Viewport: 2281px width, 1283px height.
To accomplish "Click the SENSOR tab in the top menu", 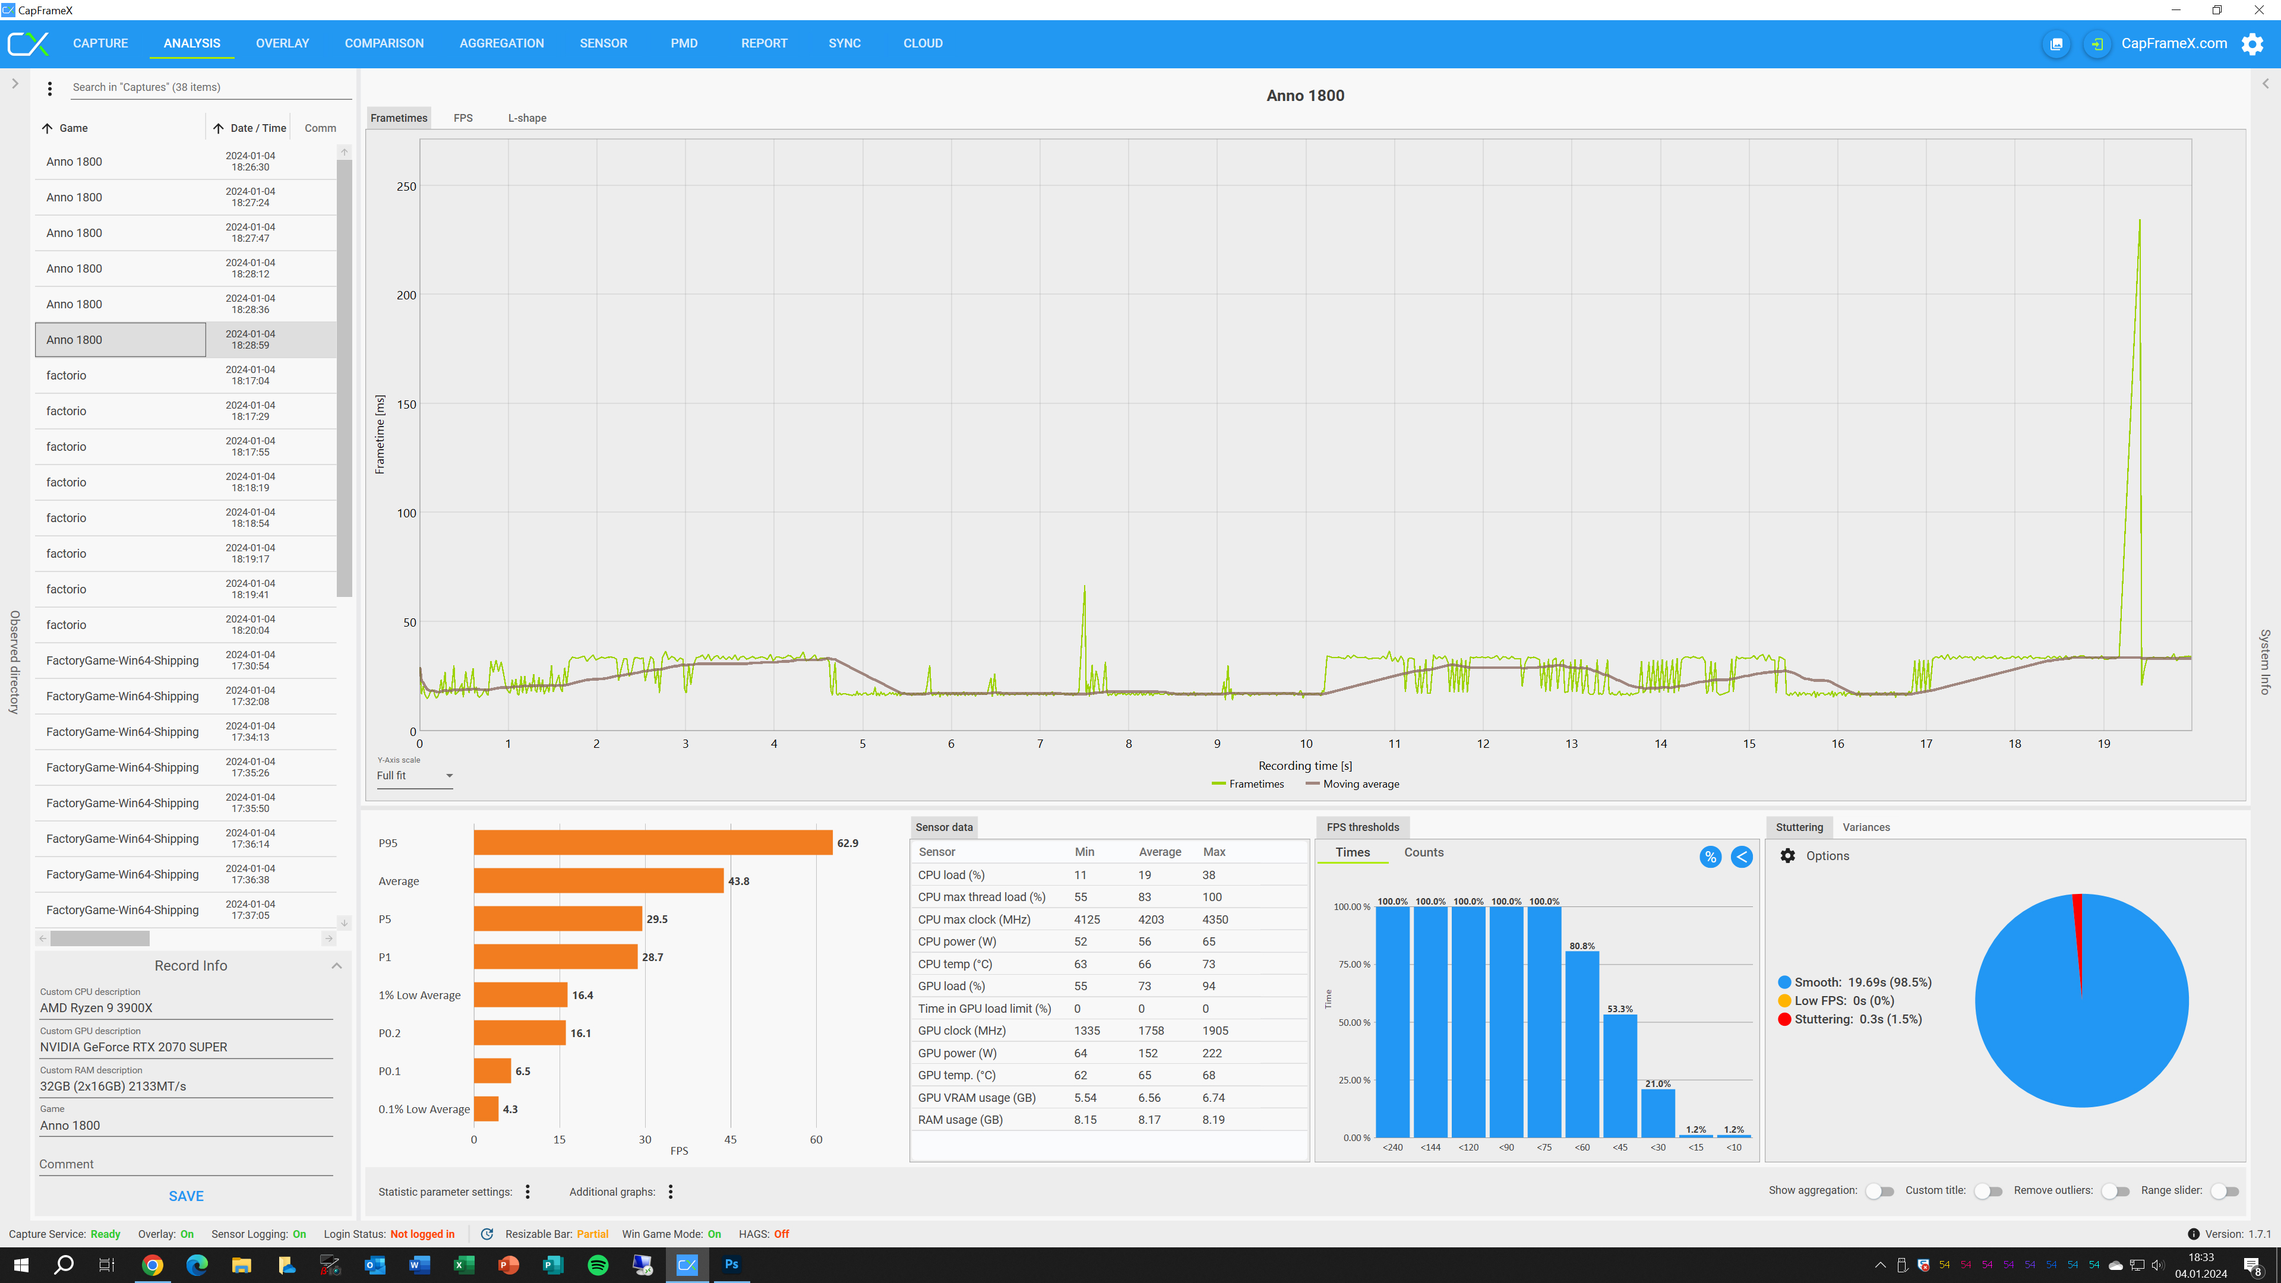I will tap(603, 43).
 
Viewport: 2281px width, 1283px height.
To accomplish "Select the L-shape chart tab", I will tap(527, 118).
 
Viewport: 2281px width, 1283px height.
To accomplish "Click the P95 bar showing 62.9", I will tap(653, 843).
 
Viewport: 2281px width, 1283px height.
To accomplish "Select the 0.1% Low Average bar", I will tap(486, 1108).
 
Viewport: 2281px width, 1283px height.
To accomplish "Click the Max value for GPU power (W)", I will tap(1212, 1053).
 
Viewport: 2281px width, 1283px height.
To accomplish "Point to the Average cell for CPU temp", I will tap(1145, 964).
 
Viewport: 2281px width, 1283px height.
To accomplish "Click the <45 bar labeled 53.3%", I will tap(1619, 1076).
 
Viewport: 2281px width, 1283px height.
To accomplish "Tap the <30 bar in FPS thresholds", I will tap(1658, 1113).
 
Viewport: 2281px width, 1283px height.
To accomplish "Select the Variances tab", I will tap(1866, 827).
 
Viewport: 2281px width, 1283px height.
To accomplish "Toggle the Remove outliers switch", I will tap(2115, 1191).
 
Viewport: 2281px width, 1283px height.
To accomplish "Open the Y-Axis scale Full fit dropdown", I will tap(415, 776).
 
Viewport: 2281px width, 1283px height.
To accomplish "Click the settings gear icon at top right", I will tap(2252, 43).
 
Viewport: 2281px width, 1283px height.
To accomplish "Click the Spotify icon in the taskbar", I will tap(598, 1265).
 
